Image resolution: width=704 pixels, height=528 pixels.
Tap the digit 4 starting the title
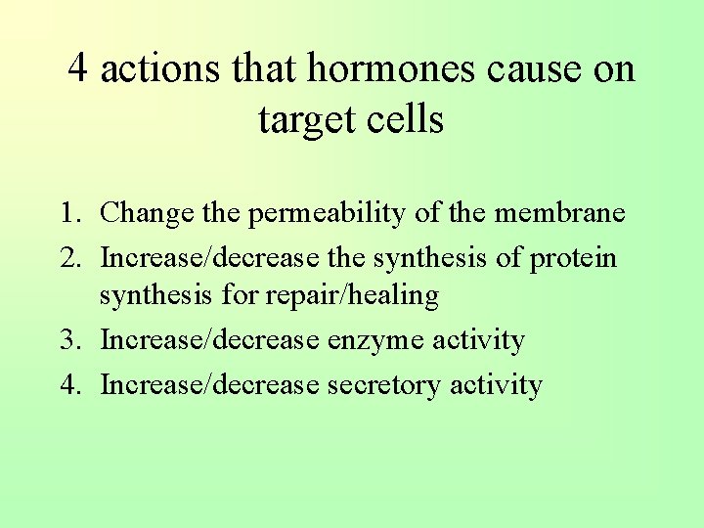click(x=79, y=69)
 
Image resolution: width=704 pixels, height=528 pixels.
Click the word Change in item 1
click(x=147, y=212)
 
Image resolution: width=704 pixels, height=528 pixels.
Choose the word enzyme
click(x=375, y=340)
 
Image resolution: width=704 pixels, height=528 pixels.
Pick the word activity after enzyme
click(x=479, y=340)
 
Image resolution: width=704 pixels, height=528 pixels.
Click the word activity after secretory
click(x=496, y=385)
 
